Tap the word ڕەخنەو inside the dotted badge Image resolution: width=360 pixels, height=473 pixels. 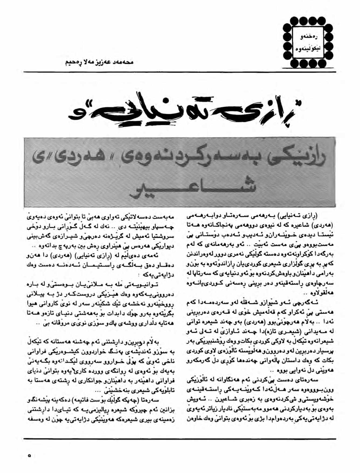coord(307,36)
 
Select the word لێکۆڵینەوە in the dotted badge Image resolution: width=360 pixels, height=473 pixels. coord(307,50)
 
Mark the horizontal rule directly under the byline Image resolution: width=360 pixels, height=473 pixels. coord(180,72)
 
